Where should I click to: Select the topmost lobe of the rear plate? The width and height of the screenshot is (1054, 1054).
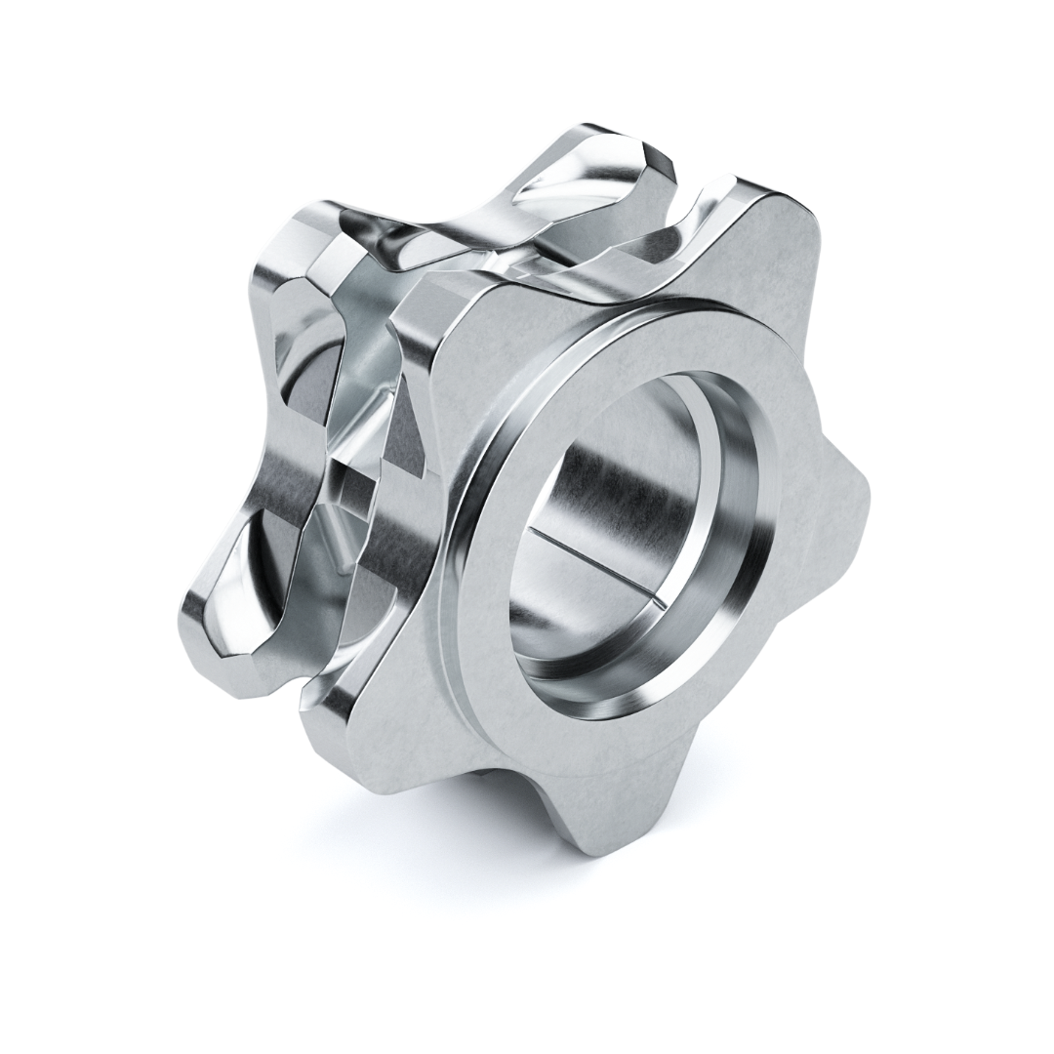605,146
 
